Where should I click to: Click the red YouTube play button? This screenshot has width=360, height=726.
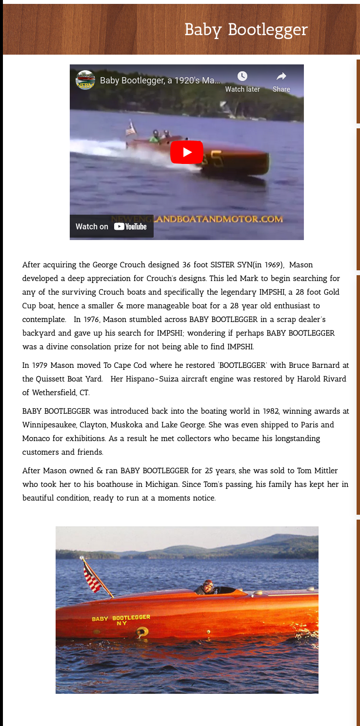(186, 152)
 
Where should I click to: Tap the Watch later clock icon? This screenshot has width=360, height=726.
(242, 77)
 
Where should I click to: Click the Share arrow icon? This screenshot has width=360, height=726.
(281, 77)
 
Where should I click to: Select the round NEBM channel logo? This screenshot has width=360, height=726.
(85, 80)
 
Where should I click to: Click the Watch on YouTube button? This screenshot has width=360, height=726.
(111, 226)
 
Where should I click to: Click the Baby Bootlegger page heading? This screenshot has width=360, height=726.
(246, 30)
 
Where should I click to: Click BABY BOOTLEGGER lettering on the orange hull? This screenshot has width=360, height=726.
(121, 618)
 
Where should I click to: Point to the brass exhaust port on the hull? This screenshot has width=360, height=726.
(142, 632)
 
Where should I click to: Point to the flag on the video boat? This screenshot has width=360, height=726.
(130, 129)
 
